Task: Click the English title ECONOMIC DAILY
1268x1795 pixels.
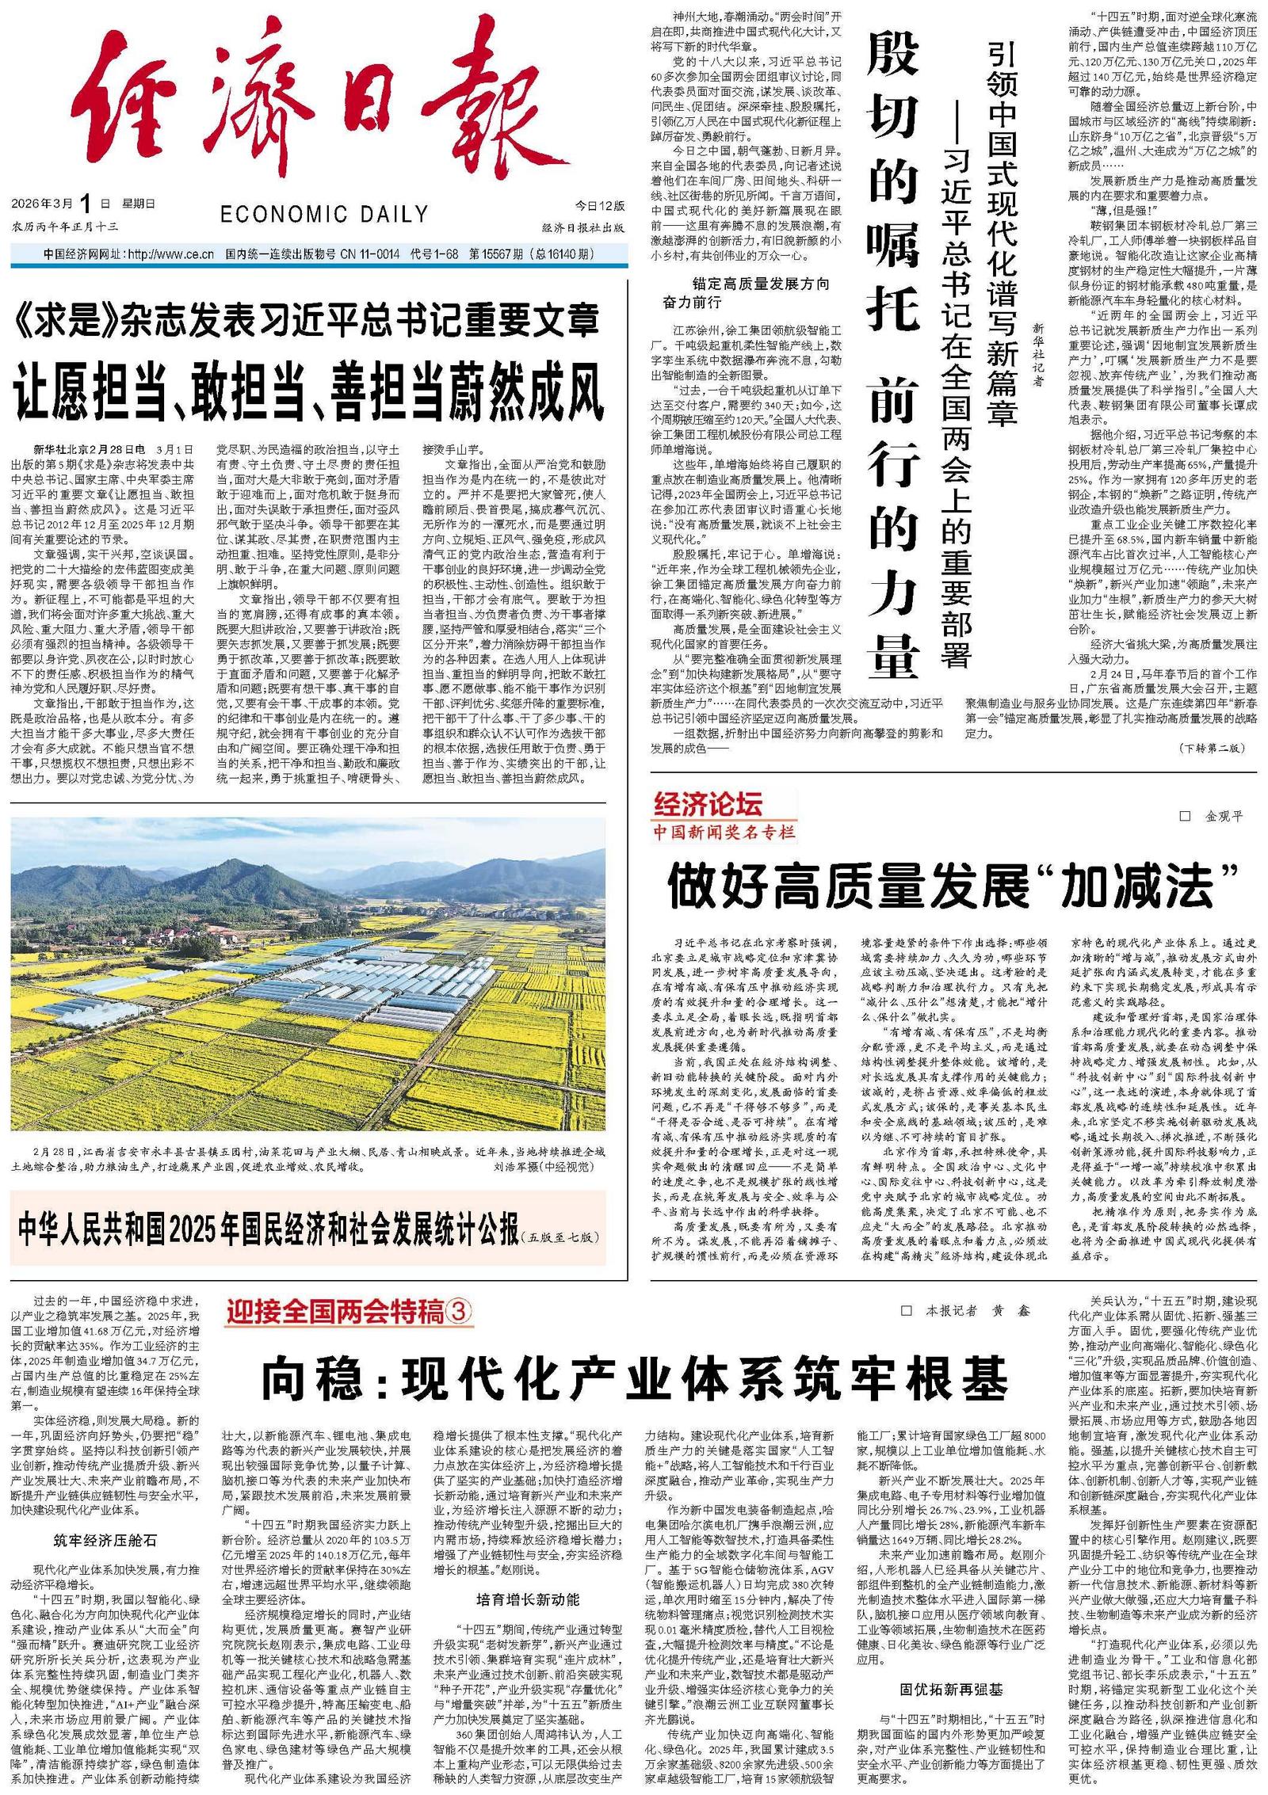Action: [324, 214]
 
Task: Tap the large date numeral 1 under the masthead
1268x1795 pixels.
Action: [86, 203]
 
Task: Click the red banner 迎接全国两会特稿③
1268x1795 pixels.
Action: [349, 1313]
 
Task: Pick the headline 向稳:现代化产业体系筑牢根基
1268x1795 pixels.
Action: [635, 1379]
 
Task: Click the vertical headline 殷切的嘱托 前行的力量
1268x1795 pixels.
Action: [893, 349]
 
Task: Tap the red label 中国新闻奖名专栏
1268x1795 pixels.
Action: [722, 831]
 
